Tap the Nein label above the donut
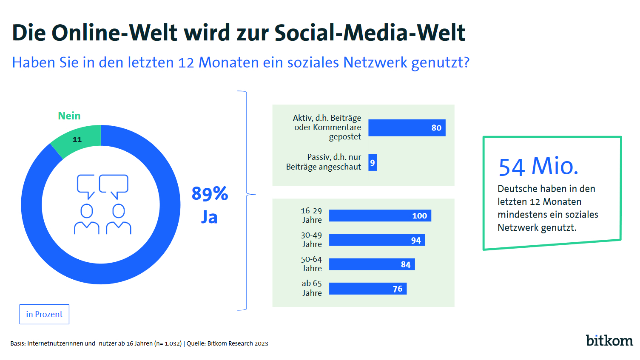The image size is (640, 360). pyautogui.click(x=69, y=116)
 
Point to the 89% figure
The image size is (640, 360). pyautogui.click(x=210, y=194)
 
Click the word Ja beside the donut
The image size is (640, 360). pyautogui.click(x=209, y=217)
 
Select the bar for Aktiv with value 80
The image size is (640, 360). pyautogui.click(x=407, y=128)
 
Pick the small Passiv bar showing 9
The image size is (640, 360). pyautogui.click(x=373, y=163)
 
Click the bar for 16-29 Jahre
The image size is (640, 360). pyautogui.click(x=380, y=216)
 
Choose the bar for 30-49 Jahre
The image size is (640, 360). pyautogui.click(x=377, y=240)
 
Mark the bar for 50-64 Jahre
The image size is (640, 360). pyautogui.click(x=372, y=264)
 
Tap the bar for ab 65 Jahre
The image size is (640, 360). pyautogui.click(x=367, y=289)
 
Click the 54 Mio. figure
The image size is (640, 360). pyautogui.click(x=538, y=166)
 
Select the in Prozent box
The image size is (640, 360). pyautogui.click(x=44, y=315)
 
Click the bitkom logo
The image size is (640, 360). pyautogui.click(x=609, y=340)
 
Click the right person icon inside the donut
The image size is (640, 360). pyautogui.click(x=119, y=220)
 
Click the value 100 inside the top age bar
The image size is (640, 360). pyautogui.click(x=419, y=216)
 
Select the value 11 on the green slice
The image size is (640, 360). pyautogui.click(x=77, y=139)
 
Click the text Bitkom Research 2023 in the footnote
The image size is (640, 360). pyautogui.click(x=238, y=343)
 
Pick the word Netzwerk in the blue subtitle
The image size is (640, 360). pyautogui.click(x=375, y=62)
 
